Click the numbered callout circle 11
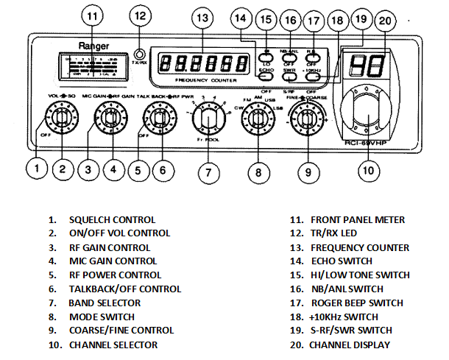[92, 15]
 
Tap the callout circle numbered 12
[141, 15]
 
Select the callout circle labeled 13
[202, 17]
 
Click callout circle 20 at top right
[383, 21]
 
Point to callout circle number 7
[208, 174]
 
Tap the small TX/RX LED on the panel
[139, 53]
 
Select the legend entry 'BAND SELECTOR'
[105, 303]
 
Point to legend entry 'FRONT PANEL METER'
[357, 219]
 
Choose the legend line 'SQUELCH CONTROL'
[112, 219]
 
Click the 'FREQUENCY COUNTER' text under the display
[200, 77]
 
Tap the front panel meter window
[93, 65]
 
